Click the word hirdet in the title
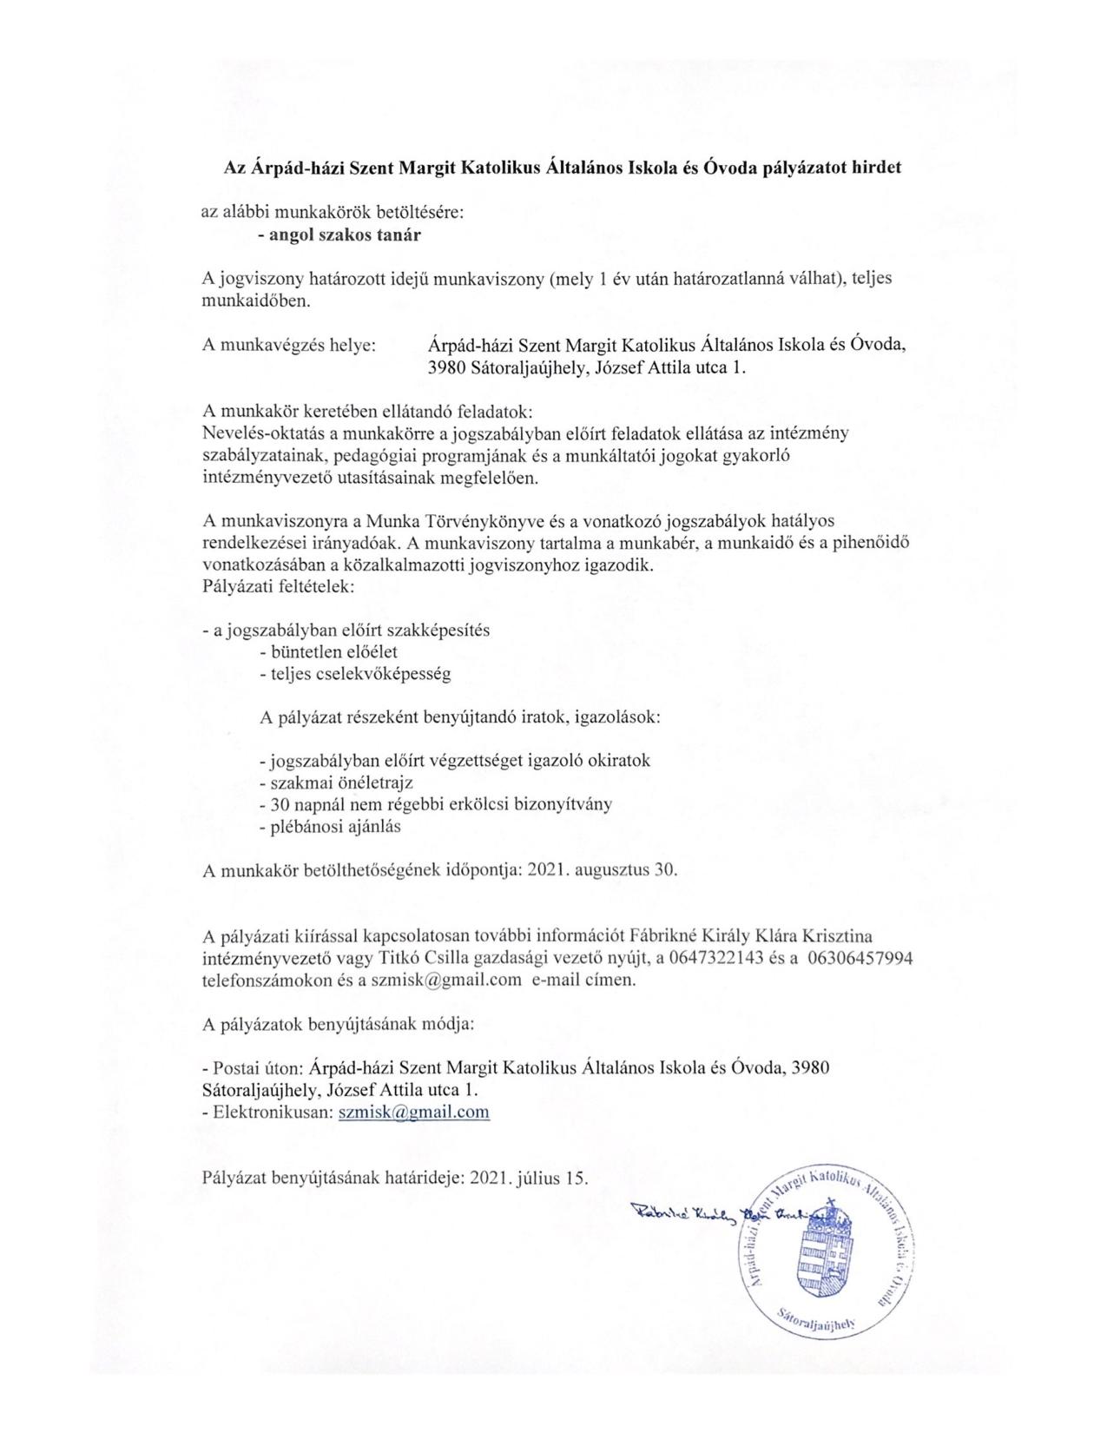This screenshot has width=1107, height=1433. pos(872,168)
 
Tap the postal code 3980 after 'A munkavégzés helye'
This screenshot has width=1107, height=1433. pos(447,367)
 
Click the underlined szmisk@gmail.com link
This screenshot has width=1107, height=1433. pos(413,1112)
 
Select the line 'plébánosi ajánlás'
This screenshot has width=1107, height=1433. pos(331,826)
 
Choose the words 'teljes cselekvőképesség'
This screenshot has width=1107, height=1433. pos(355,673)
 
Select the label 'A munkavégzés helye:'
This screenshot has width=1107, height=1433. pos(289,345)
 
